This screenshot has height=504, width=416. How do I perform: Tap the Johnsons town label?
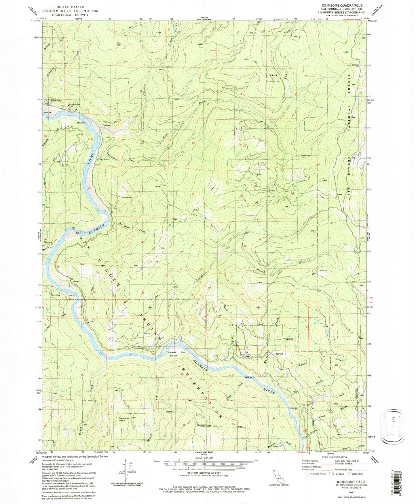click(56, 100)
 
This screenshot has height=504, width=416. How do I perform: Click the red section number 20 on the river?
click(90, 188)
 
